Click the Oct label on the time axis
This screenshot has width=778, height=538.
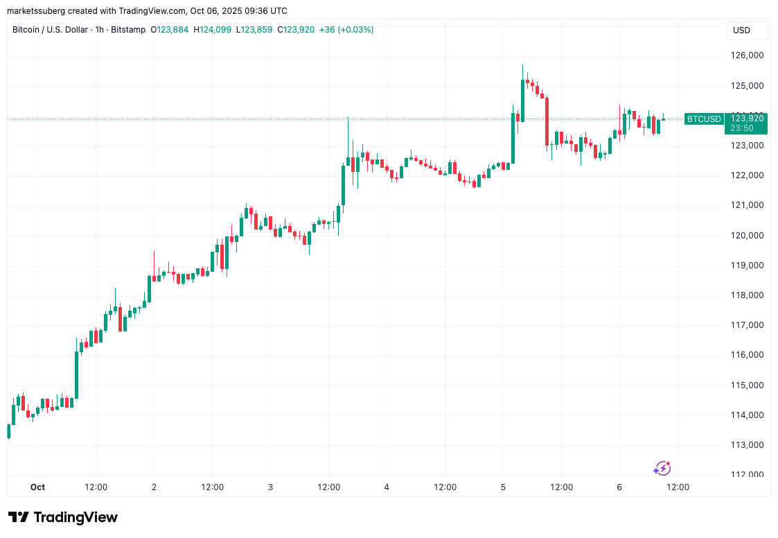click(37, 487)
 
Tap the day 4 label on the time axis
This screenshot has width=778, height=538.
click(387, 487)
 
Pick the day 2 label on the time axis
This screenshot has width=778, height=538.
click(154, 487)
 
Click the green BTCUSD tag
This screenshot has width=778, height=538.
click(703, 119)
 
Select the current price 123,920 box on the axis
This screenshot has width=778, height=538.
click(746, 119)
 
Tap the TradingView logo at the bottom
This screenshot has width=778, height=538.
click(63, 517)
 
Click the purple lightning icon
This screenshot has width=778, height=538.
click(662, 469)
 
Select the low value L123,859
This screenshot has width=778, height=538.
click(253, 30)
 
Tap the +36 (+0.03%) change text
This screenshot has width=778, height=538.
click(346, 30)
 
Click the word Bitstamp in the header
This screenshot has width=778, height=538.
click(128, 30)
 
